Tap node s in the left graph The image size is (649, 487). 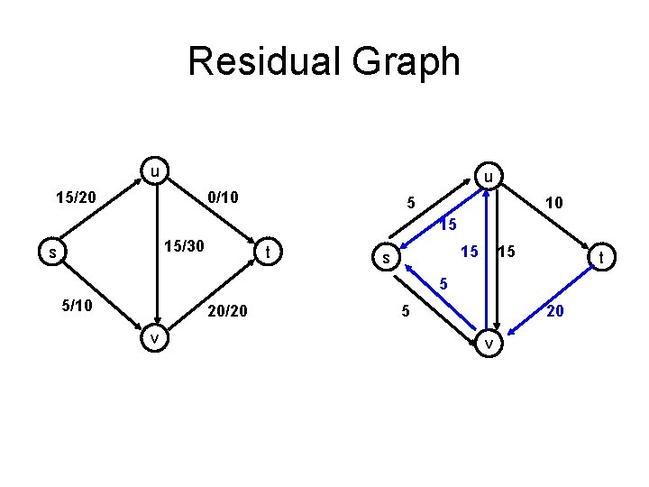pos(53,253)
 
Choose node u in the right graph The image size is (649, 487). pos(488,178)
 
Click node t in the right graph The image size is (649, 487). pos(600,260)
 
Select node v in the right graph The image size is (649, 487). pos(489,344)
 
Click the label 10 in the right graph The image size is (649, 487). pos(554,203)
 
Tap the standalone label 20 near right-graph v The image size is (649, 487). pos(556,311)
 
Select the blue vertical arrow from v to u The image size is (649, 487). pos(485,271)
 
